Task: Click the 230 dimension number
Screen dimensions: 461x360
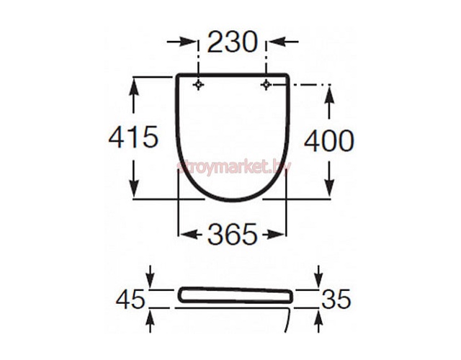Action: pyautogui.click(x=233, y=42)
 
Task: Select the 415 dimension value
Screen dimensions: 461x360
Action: pyautogui.click(x=134, y=136)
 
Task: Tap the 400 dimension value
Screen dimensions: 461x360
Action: pyautogui.click(x=329, y=140)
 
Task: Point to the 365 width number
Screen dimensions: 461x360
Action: pyautogui.click(x=232, y=234)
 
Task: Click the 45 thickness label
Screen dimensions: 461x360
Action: pyautogui.click(x=131, y=300)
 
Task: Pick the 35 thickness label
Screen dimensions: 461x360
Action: pyautogui.click(x=336, y=299)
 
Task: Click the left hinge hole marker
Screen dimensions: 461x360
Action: pyautogui.click(x=199, y=85)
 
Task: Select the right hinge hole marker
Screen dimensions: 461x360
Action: pyautogui.click(x=266, y=85)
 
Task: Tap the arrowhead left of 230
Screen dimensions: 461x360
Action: pyautogui.click(x=188, y=42)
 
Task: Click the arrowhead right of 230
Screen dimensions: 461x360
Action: pyautogui.click(x=277, y=42)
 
